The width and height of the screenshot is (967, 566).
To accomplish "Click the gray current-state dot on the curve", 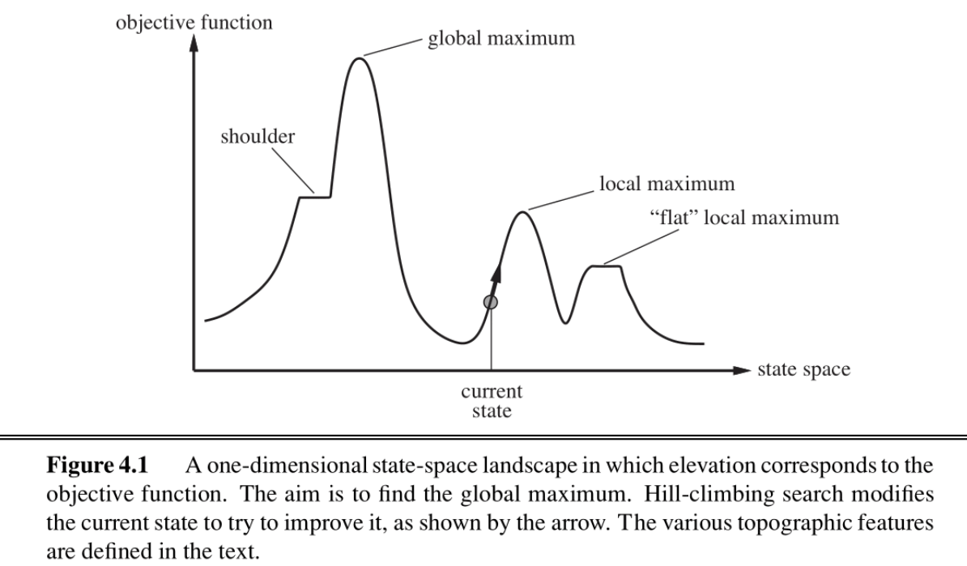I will tap(489, 302).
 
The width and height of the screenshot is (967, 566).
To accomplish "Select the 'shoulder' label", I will tap(258, 136).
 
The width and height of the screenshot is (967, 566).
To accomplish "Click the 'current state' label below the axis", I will tap(492, 400).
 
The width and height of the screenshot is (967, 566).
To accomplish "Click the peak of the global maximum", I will tap(360, 58).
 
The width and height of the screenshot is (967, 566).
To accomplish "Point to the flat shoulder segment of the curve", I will tap(316, 196).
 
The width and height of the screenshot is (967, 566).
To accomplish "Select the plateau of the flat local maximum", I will tap(606, 266).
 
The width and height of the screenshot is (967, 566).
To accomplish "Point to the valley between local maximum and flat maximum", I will tap(565, 322).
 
